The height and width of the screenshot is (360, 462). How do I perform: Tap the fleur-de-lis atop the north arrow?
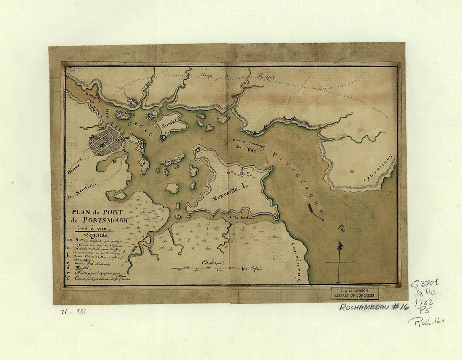[x=340, y=245]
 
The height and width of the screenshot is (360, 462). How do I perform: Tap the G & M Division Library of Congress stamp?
[x=355, y=293]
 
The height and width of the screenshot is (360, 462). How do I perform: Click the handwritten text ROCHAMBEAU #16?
[x=374, y=307]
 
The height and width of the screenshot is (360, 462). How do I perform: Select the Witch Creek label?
[x=136, y=245]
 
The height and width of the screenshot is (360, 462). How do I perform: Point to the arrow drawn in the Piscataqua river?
[x=315, y=212]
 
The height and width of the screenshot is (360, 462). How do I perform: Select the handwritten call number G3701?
[x=424, y=284]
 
